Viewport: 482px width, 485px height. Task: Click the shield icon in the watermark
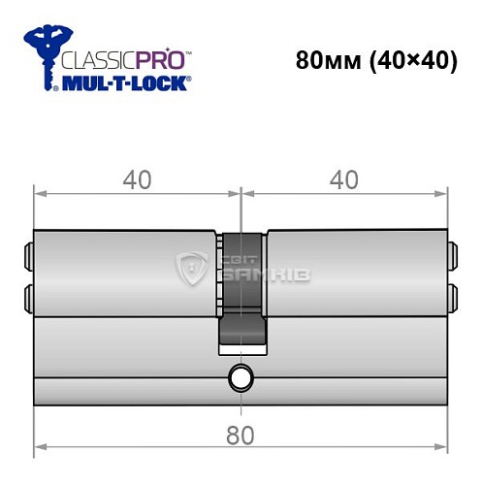point(195,270)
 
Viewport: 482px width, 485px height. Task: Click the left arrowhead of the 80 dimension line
point(39,448)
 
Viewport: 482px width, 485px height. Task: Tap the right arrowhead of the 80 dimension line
point(446,448)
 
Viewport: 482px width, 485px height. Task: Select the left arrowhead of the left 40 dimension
point(39,192)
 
